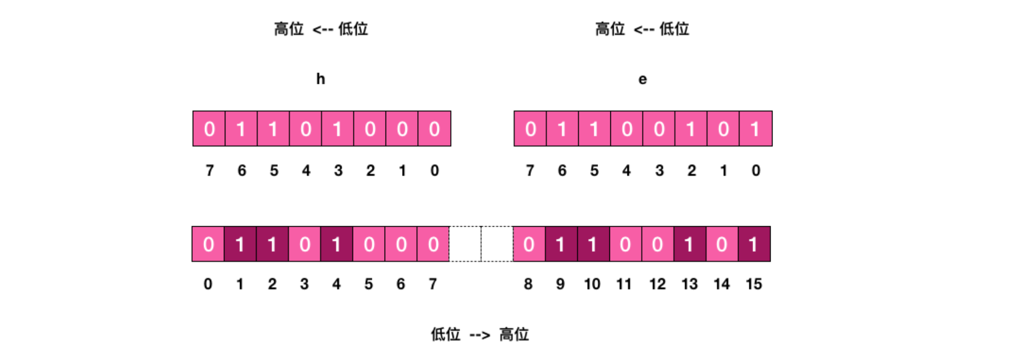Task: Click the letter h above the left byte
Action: click(x=321, y=79)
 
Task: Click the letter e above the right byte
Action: click(x=642, y=79)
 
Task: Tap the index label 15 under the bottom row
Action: click(x=754, y=284)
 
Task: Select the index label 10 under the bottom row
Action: click(x=592, y=284)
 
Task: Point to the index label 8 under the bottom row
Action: click(x=528, y=284)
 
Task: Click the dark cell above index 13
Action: click(x=690, y=244)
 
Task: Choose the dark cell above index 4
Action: click(x=337, y=244)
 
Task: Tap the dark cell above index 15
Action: click(x=754, y=244)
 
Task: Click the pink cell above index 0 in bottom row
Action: click(x=208, y=244)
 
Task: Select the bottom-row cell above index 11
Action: click(x=625, y=244)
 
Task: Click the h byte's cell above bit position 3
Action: click(x=337, y=129)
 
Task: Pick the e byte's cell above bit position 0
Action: click(x=756, y=129)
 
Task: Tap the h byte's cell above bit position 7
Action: click(x=209, y=129)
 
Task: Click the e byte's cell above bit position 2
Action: click(x=691, y=129)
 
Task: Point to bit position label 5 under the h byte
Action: click(x=274, y=171)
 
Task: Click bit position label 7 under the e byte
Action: click(x=530, y=171)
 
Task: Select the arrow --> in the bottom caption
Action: click(x=480, y=335)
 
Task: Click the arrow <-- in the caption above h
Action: click(x=323, y=30)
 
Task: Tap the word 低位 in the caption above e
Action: click(x=674, y=29)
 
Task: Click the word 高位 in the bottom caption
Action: click(x=514, y=335)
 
